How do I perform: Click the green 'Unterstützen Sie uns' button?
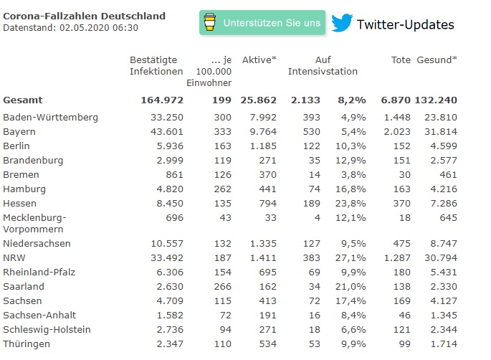coord(262,23)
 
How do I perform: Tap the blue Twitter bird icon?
coord(341,24)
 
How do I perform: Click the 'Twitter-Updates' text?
coord(405,24)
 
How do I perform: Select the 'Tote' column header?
coord(401,60)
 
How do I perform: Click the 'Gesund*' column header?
coord(437,60)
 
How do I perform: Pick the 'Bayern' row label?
coord(19,132)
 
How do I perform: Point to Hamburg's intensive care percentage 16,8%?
coord(353,189)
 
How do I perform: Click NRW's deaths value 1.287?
coord(396,257)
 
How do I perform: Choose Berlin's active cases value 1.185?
coord(262,146)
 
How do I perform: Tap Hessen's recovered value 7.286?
coord(443,204)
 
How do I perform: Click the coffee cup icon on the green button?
coord(209,23)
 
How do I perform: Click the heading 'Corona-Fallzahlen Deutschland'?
coord(84,16)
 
